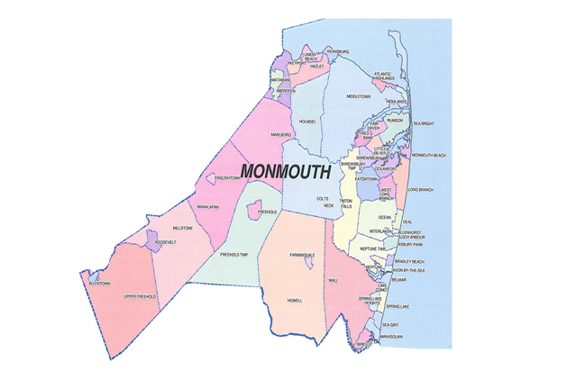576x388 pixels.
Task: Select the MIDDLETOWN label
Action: coord(359,96)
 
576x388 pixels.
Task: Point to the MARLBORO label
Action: coord(282,134)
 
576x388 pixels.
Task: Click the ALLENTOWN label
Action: coord(98,284)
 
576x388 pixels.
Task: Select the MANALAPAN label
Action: coord(209,206)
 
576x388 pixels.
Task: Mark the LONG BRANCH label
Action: coord(420,190)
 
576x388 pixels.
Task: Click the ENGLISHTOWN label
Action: coord(221,178)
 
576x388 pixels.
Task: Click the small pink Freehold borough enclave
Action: coord(256,210)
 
